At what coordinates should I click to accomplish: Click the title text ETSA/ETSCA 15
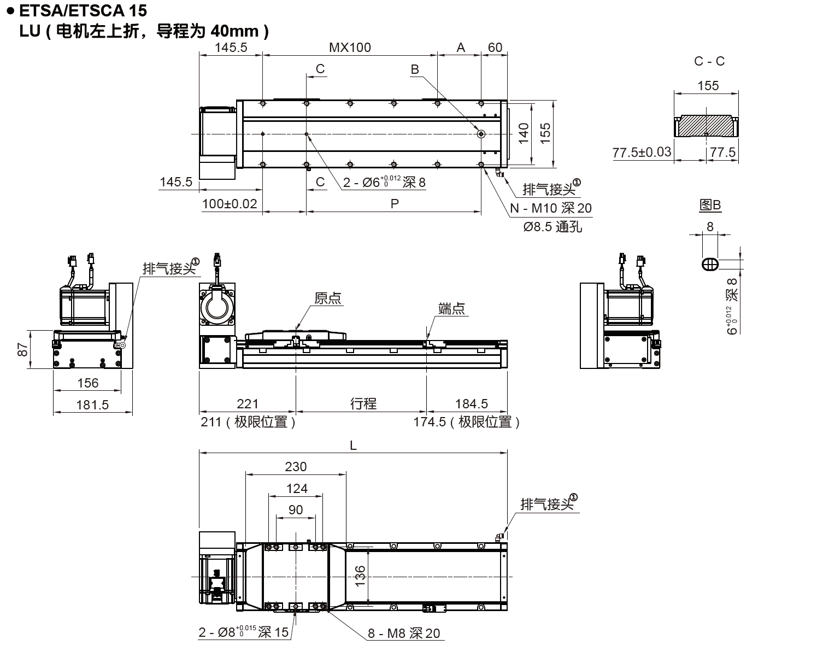(x=82, y=10)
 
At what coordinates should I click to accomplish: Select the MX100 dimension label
(x=350, y=48)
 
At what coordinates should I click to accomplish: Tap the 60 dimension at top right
(x=495, y=48)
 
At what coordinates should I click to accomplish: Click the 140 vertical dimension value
(x=524, y=133)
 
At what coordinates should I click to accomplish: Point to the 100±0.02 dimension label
(x=230, y=204)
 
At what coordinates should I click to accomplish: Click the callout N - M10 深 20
(x=550, y=208)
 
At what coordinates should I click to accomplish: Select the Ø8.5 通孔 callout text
(x=552, y=226)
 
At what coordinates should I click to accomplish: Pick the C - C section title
(x=709, y=61)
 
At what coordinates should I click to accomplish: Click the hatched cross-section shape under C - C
(x=705, y=126)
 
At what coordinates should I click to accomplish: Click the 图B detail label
(x=710, y=206)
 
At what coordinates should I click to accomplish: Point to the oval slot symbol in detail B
(x=710, y=265)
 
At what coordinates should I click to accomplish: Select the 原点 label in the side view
(x=328, y=298)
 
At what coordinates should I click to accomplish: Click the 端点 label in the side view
(x=451, y=308)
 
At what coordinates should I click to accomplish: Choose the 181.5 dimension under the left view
(x=93, y=404)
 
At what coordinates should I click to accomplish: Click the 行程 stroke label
(x=363, y=403)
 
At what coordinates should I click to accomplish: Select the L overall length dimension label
(x=353, y=445)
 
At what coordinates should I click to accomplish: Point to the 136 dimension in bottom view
(x=360, y=576)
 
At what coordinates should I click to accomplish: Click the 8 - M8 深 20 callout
(x=403, y=633)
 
